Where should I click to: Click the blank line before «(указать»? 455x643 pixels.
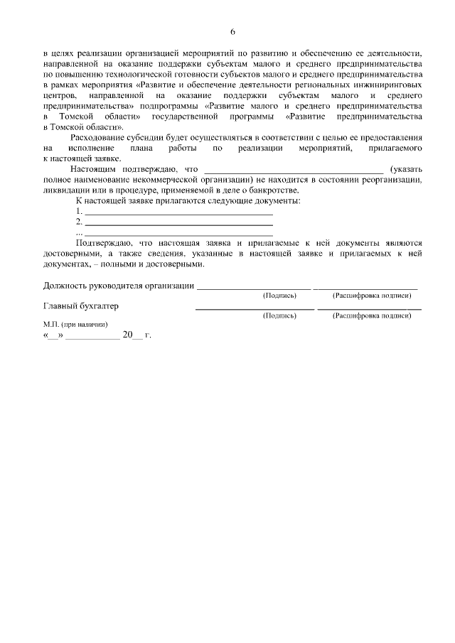[293, 171]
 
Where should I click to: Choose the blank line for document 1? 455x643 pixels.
[178, 213]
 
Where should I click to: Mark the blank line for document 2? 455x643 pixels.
[178, 224]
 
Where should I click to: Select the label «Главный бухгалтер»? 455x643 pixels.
[81, 306]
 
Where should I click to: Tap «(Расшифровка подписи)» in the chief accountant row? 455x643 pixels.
[371, 315]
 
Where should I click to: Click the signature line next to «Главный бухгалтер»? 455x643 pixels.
[255, 308]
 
